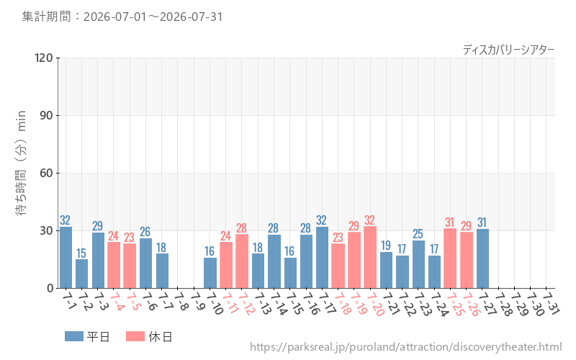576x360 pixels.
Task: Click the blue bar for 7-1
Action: pyautogui.click(x=66, y=258)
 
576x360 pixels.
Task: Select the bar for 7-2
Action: pyautogui.click(x=81, y=274)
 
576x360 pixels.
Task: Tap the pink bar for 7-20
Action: pyautogui.click(x=370, y=257)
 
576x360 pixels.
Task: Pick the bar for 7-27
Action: pyautogui.click(x=482, y=258)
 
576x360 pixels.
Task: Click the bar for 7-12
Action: pyautogui.click(x=242, y=261)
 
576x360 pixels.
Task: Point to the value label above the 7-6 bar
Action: pyautogui.click(x=145, y=231)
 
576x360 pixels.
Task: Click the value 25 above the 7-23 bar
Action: pyautogui.click(x=418, y=233)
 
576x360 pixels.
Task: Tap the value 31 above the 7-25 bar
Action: pyautogui.click(x=449, y=222)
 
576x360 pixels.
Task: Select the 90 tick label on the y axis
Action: pyautogui.click(x=46, y=115)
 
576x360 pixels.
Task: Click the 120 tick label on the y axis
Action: pyautogui.click(x=44, y=58)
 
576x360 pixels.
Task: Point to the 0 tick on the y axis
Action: pyautogui.click(x=50, y=288)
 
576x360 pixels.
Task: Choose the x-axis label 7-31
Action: pyautogui.click(x=551, y=303)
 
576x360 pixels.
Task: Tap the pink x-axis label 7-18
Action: pyautogui.click(x=341, y=303)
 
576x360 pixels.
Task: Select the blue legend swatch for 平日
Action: pyautogui.click(x=74, y=336)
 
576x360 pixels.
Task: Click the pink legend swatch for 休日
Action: pyautogui.click(x=135, y=336)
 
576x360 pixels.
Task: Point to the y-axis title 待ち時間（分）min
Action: pyautogui.click(x=21, y=163)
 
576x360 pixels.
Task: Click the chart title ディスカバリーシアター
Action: pyautogui.click(x=508, y=50)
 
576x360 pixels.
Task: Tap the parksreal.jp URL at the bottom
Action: pyautogui.click(x=406, y=347)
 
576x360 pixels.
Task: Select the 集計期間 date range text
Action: pyautogui.click(x=122, y=17)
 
